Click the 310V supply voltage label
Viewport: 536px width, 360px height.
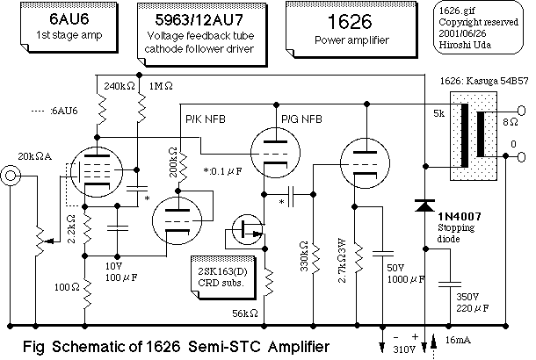click(404, 349)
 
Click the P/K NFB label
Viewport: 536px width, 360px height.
click(206, 116)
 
